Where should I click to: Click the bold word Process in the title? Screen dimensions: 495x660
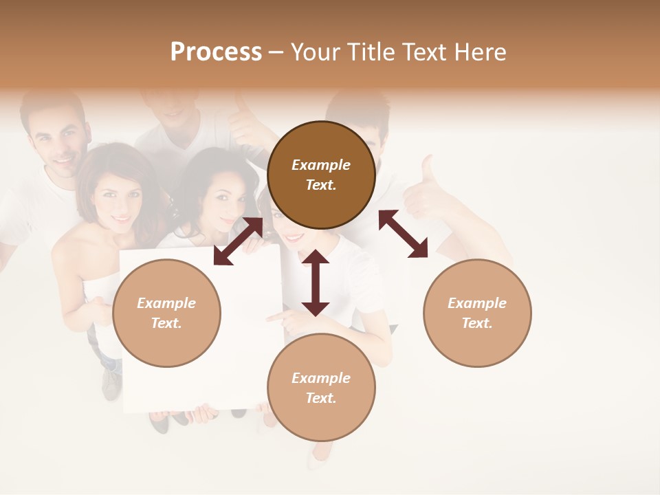pyautogui.click(x=216, y=52)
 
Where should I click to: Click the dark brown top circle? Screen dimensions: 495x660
pyautogui.click(x=321, y=175)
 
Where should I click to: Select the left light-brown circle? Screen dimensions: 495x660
pyautogui.click(x=166, y=313)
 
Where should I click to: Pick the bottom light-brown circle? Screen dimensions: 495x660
pyautogui.click(x=321, y=388)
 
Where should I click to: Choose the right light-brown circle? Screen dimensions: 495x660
pyautogui.click(x=477, y=313)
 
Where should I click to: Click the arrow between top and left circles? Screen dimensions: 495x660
pyautogui.click(x=238, y=241)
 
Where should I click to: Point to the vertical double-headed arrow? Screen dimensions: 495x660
pyautogui.click(x=316, y=283)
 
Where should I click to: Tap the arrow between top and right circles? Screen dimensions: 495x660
pyautogui.click(x=403, y=234)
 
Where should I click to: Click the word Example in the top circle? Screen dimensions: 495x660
pyautogui.click(x=321, y=165)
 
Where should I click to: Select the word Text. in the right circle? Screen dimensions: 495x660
pyautogui.click(x=477, y=323)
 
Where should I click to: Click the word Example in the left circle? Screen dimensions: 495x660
pyautogui.click(x=166, y=303)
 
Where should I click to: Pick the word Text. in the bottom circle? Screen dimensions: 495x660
pyautogui.click(x=321, y=398)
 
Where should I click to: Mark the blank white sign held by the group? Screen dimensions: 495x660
pyautogui.click(x=199, y=357)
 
